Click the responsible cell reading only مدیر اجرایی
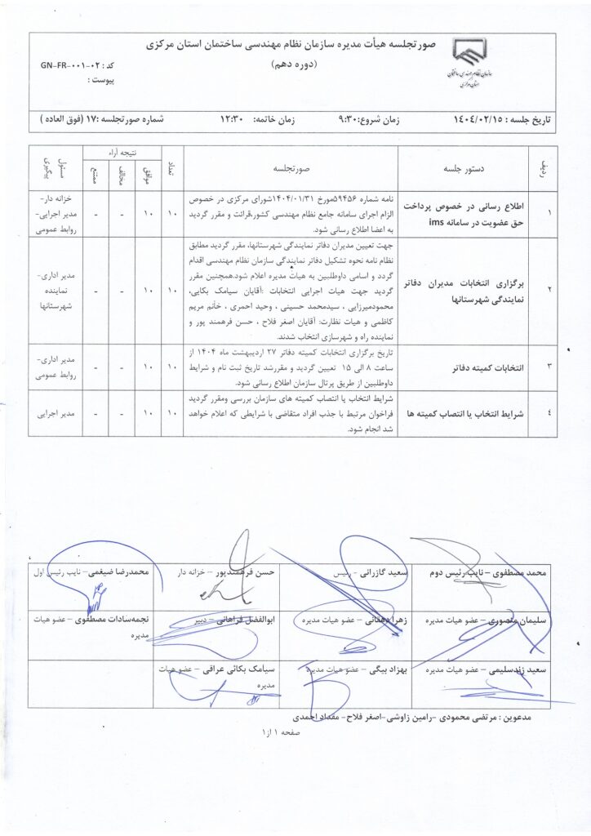tap(56, 413)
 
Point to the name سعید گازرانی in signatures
tap(388, 574)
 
